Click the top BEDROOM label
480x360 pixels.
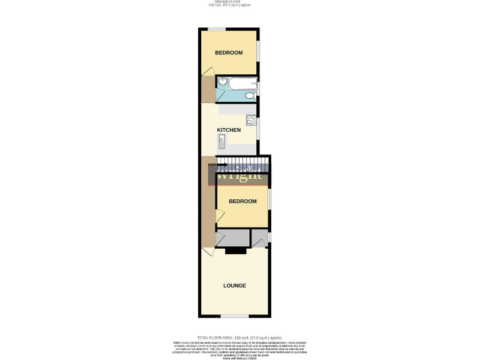coord(229,52)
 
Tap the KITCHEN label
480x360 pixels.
coord(229,130)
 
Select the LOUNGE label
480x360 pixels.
coord(235,286)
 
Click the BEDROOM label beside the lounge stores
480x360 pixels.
coord(242,201)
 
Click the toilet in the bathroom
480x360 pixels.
coord(250,95)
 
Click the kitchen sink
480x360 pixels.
coord(221,143)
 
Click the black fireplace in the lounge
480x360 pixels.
coord(235,251)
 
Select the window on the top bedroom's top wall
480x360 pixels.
coord(217,29)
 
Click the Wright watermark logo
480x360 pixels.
coord(239,174)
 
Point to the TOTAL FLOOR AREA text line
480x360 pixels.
coord(239,337)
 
